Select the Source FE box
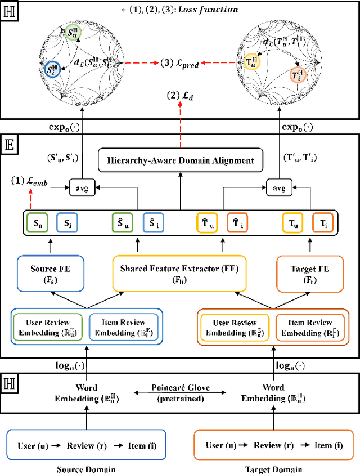(50, 273)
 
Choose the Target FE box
(310, 273)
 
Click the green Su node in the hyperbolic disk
(73, 33)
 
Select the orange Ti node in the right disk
(296, 74)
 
